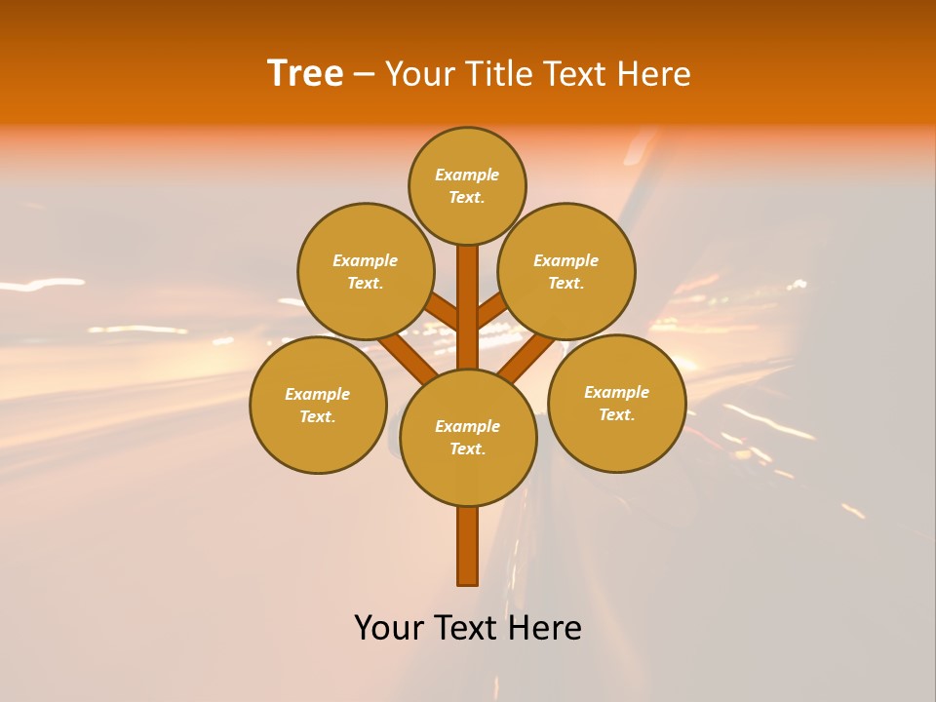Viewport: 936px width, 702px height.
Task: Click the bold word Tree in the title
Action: pyautogui.click(x=305, y=74)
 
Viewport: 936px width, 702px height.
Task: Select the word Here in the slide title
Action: pyautogui.click(x=653, y=74)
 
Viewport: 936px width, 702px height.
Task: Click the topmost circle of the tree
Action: pyautogui.click(x=467, y=185)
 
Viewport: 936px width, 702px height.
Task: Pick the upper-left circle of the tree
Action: pyautogui.click(x=366, y=271)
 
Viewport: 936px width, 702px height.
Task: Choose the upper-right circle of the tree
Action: pyautogui.click(x=566, y=271)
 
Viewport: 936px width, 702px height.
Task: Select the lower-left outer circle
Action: pyautogui.click(x=318, y=405)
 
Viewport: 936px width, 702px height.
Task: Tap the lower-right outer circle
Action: pyautogui.click(x=617, y=403)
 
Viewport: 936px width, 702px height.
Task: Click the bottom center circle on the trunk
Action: pyautogui.click(x=468, y=437)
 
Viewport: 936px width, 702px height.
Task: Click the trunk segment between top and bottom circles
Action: pyautogui.click(x=468, y=307)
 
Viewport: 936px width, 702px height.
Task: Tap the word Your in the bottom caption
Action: pyautogui.click(x=390, y=628)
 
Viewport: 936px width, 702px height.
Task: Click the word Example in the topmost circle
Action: pyautogui.click(x=467, y=175)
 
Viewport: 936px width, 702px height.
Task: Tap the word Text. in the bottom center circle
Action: pyautogui.click(x=467, y=449)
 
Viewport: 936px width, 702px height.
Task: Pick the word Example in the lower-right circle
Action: pyautogui.click(x=616, y=392)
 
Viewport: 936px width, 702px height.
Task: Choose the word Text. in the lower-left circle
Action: pyautogui.click(x=318, y=417)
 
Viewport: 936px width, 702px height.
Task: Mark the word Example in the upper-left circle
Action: pyautogui.click(x=366, y=260)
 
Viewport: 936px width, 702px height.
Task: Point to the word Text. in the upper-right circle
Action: pyautogui.click(x=566, y=284)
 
